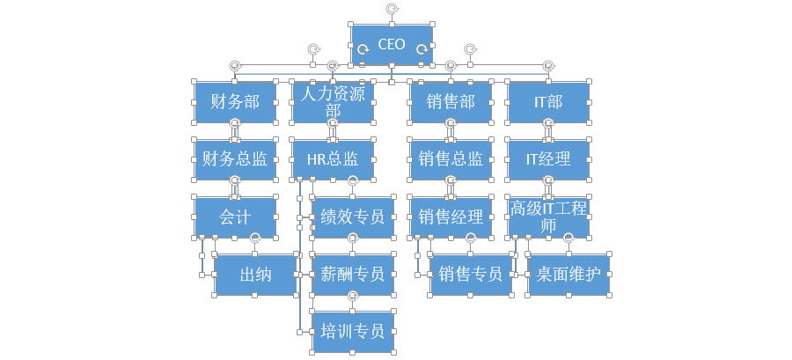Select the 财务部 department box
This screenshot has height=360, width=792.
click(235, 102)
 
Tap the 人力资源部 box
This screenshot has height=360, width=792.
click(333, 102)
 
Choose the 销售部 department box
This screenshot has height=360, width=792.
click(451, 102)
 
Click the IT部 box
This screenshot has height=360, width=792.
click(548, 102)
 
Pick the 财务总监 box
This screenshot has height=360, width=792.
click(235, 159)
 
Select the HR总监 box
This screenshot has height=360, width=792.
click(333, 159)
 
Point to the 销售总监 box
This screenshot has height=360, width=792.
click(451, 159)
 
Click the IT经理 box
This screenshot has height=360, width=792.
click(548, 159)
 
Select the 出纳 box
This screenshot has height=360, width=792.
click(255, 275)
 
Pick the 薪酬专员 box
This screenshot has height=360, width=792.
click(353, 275)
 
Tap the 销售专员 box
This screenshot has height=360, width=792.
click(471, 275)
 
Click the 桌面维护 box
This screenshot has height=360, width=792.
click(568, 275)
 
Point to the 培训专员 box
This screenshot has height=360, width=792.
click(353, 332)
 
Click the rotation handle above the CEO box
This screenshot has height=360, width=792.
click(392, 8)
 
